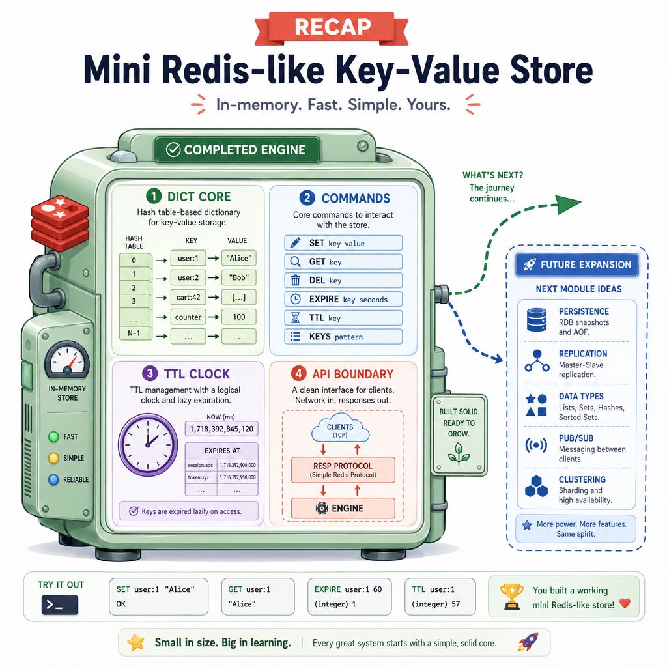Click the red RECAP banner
tap(332, 27)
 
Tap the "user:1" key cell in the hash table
tap(188, 258)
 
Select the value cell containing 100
tap(238, 317)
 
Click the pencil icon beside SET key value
tap(295, 243)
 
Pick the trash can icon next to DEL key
tap(295, 280)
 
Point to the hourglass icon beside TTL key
tap(295, 318)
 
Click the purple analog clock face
tap(148, 444)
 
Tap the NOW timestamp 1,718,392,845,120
tap(221, 429)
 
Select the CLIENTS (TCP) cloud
tap(340, 428)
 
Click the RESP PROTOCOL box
tap(343, 470)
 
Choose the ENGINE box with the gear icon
tap(343, 508)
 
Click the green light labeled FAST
tap(53, 436)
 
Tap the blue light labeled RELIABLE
tap(53, 480)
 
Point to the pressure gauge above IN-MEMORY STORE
tap(67, 360)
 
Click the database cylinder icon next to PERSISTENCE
tap(537, 320)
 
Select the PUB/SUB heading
tap(576, 438)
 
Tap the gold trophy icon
tap(512, 597)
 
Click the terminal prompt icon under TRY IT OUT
tap(59, 605)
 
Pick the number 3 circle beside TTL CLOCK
tap(150, 373)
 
